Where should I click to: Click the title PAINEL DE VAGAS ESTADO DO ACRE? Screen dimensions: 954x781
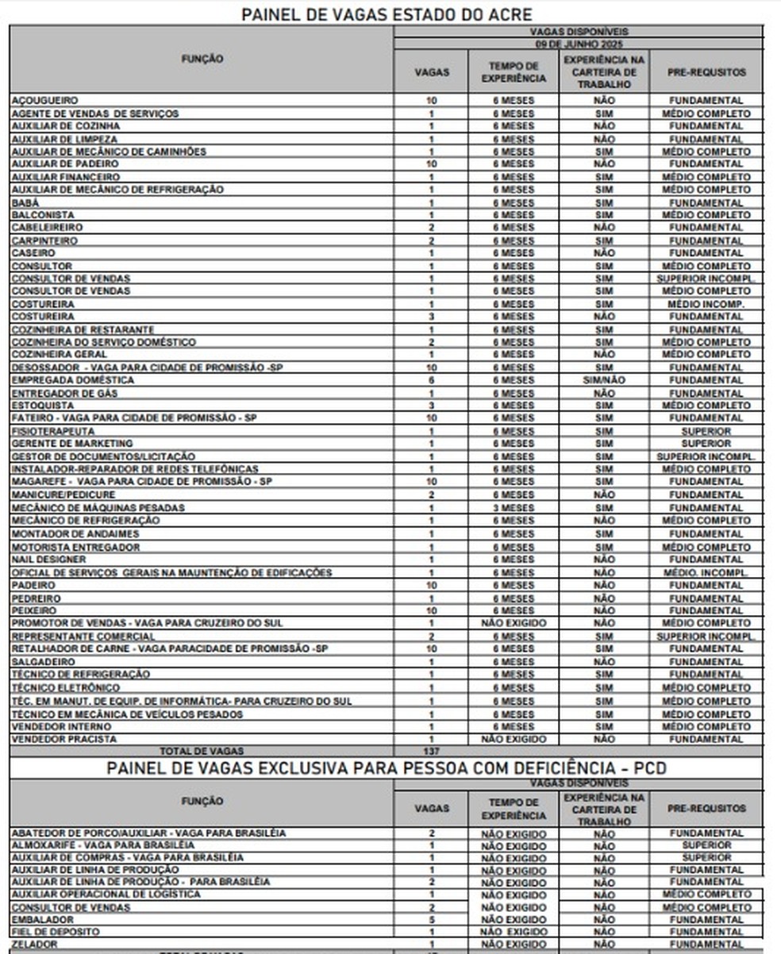pyautogui.click(x=387, y=14)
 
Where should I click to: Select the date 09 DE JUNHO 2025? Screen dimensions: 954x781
pyautogui.click(x=578, y=44)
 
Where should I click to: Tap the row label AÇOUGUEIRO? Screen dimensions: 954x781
pyautogui.click(x=44, y=101)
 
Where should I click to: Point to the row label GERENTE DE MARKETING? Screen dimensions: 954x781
pyautogui.click(x=72, y=444)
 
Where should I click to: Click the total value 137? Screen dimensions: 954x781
pyautogui.click(x=431, y=751)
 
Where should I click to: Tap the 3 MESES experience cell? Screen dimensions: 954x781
pyautogui.click(x=513, y=508)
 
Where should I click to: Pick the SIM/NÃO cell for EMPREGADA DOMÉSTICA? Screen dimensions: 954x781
pyautogui.click(x=603, y=380)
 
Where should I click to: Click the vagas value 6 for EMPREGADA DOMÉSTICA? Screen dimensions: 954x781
pyautogui.click(x=431, y=380)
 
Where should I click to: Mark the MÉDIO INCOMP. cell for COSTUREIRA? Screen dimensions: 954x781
pyautogui.click(x=706, y=304)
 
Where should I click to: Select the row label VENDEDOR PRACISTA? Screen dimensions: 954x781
pyautogui.click(x=64, y=739)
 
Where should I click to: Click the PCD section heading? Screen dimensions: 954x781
pyautogui.click(x=387, y=768)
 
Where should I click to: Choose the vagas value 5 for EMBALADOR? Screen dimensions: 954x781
pyautogui.click(x=431, y=920)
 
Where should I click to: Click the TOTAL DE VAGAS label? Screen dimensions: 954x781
pyautogui.click(x=202, y=751)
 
